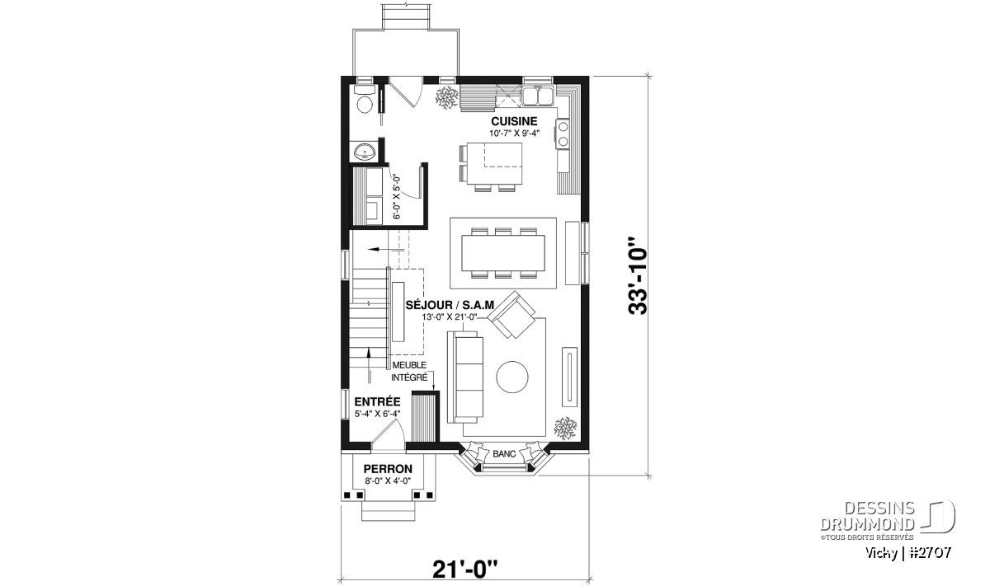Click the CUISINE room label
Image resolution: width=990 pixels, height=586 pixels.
point(515,121)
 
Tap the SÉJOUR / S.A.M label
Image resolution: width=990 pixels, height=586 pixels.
point(450,305)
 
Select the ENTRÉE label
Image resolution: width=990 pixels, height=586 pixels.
point(378,402)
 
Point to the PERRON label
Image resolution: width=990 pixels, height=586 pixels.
point(388,468)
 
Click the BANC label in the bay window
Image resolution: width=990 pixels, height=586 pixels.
point(504,454)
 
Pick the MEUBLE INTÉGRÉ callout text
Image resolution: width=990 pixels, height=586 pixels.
point(410,372)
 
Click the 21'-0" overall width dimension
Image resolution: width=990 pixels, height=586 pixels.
point(465,570)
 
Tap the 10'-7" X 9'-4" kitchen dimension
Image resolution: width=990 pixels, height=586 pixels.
point(515,133)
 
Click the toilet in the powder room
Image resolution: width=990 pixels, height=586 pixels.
point(364,102)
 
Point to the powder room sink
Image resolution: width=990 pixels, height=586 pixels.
point(364,152)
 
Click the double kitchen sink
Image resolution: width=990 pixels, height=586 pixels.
point(537,96)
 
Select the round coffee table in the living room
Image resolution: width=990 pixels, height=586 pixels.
point(512,377)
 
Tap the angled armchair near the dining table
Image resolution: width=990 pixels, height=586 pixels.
point(511,315)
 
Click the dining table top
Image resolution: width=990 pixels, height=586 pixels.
point(503,252)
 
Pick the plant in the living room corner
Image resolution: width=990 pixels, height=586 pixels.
point(565,428)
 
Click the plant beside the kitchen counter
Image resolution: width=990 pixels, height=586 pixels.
point(447,98)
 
